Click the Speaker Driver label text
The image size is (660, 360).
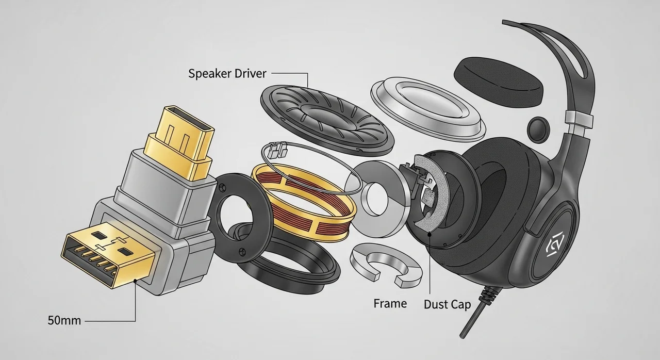tap(227, 74)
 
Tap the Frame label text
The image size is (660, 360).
tap(390, 303)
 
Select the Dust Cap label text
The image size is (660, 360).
tap(447, 305)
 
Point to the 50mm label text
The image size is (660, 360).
tap(64, 320)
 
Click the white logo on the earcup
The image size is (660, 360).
tap(555, 247)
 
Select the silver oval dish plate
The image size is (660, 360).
tap(428, 109)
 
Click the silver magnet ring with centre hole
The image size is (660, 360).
tap(378, 199)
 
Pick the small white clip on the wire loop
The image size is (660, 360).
tap(278, 148)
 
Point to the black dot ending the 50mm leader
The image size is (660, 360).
tap(135, 281)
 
